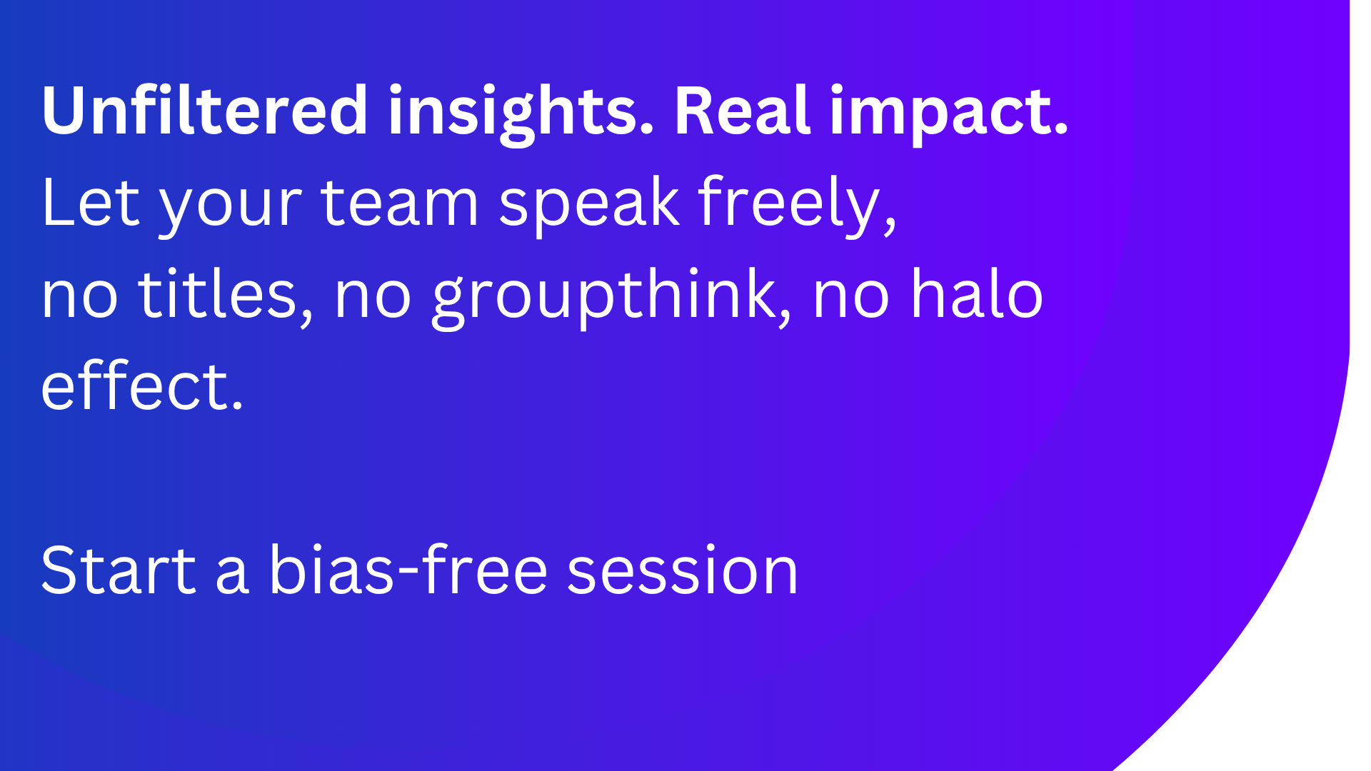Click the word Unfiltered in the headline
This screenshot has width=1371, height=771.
[x=205, y=111]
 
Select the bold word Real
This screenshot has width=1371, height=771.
[x=743, y=111]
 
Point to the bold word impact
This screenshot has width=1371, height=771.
[x=948, y=114]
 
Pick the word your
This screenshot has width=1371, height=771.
[x=230, y=211]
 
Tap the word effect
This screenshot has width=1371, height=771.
[x=134, y=385]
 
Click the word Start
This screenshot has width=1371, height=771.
[x=119, y=571]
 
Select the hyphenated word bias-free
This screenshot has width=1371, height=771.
[x=408, y=568]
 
